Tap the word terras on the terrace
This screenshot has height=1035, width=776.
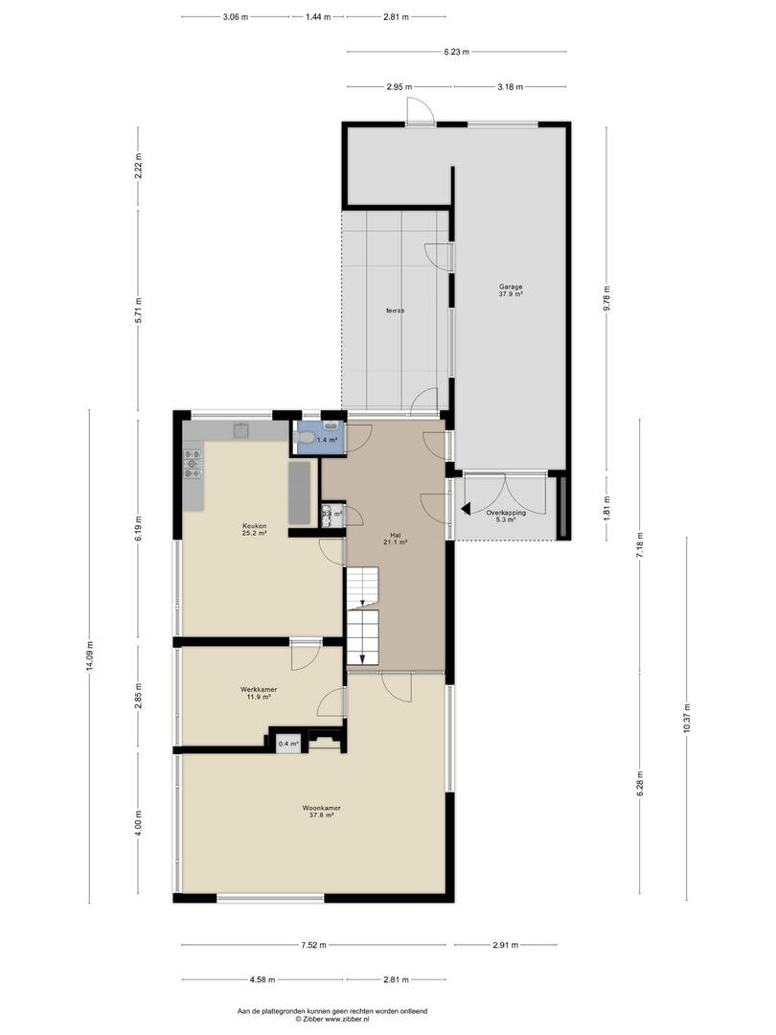point(396,310)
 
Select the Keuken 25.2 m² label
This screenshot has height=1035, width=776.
point(254,529)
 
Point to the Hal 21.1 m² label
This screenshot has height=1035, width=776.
point(396,539)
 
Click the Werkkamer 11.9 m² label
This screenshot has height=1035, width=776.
point(259,693)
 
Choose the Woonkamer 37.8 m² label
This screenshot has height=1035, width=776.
point(321,812)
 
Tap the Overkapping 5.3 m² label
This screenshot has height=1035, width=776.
point(506,516)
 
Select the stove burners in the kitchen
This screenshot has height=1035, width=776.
point(193,463)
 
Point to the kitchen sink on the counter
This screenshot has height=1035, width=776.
point(240,430)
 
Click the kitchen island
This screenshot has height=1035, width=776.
point(300,494)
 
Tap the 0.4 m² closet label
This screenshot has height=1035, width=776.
point(287,744)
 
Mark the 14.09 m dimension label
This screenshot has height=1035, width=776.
point(89,656)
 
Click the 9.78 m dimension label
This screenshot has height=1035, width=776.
point(607,300)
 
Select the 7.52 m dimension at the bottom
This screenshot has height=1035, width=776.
point(313,945)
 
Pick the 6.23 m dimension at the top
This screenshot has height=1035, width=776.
point(456,52)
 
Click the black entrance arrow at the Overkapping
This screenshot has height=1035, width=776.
point(466,509)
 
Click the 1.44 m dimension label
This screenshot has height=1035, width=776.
point(317,17)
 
